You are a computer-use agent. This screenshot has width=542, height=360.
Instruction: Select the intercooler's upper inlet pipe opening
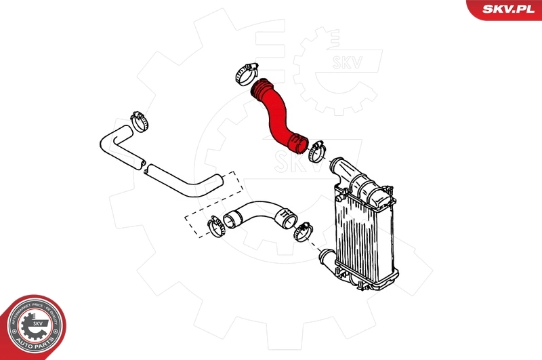pyautogui.click(x=335, y=165)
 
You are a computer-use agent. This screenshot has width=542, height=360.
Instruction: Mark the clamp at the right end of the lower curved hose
pyautogui.click(x=302, y=231)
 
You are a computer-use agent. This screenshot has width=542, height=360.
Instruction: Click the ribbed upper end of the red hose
pyautogui.click(x=262, y=88)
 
